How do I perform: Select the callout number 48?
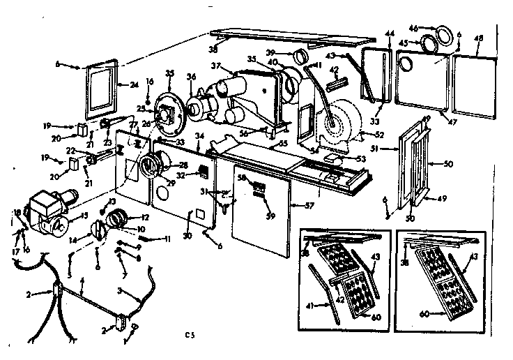(477, 40)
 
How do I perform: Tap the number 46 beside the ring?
(432, 28)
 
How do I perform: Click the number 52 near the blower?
(380, 135)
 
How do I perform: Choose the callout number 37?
(217, 66)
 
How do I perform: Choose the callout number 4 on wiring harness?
(82, 280)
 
